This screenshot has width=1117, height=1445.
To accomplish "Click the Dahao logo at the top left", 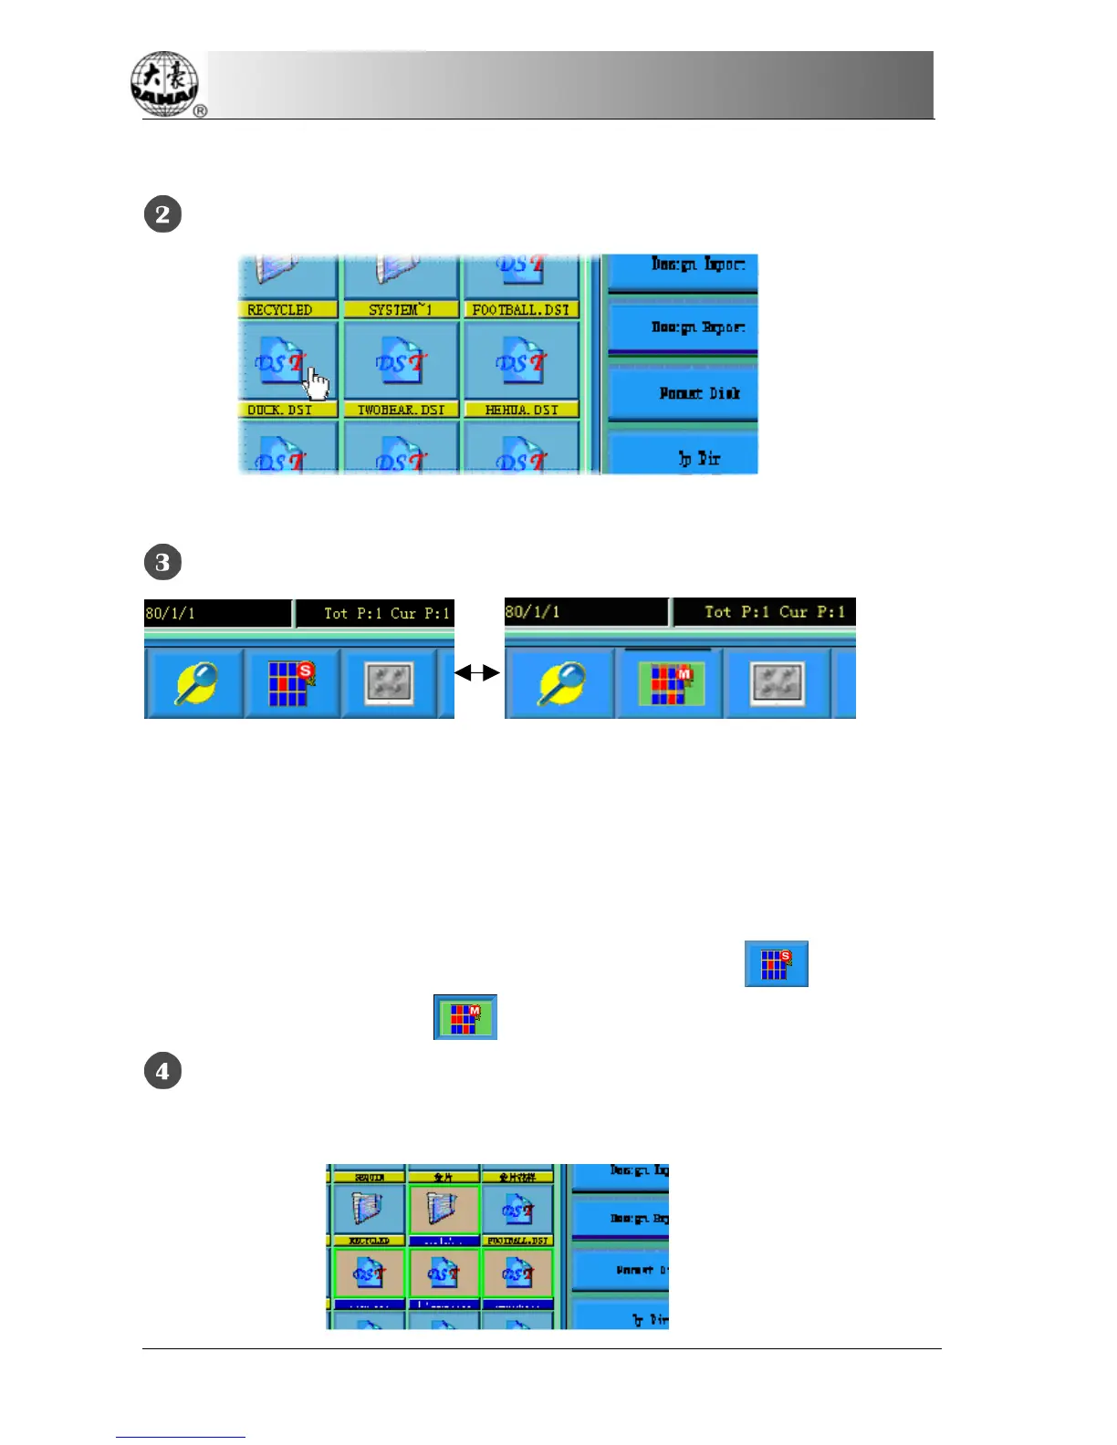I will tap(166, 84).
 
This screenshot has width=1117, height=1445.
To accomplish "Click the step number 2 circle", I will tap(162, 214).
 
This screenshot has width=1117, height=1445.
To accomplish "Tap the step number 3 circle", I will tap(162, 562).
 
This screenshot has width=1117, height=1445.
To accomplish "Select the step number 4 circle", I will tap(162, 1071).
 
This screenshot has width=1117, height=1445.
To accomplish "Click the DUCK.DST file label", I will tap(280, 411).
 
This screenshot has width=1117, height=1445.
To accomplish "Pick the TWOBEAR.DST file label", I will tap(401, 411).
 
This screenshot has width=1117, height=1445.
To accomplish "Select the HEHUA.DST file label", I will tap(521, 411).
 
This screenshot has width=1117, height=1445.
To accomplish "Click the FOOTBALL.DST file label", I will tap(521, 310).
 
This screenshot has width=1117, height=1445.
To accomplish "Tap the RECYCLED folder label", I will tap(280, 310).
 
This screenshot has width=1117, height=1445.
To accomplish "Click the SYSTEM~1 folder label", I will tap(401, 310).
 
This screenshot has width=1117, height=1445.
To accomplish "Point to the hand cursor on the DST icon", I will tap(316, 383).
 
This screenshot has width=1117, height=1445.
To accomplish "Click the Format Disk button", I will tap(683, 393).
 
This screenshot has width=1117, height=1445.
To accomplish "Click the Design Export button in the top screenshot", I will tap(683, 327).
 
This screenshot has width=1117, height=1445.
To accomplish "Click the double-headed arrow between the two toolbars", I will tap(477, 673).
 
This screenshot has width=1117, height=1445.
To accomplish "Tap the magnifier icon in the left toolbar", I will tap(195, 683).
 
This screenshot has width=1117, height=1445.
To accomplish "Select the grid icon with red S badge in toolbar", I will tap(290, 683).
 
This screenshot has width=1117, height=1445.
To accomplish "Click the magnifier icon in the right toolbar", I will tap(560, 683).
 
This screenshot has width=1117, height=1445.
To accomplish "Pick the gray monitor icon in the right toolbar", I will tap(777, 683).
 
